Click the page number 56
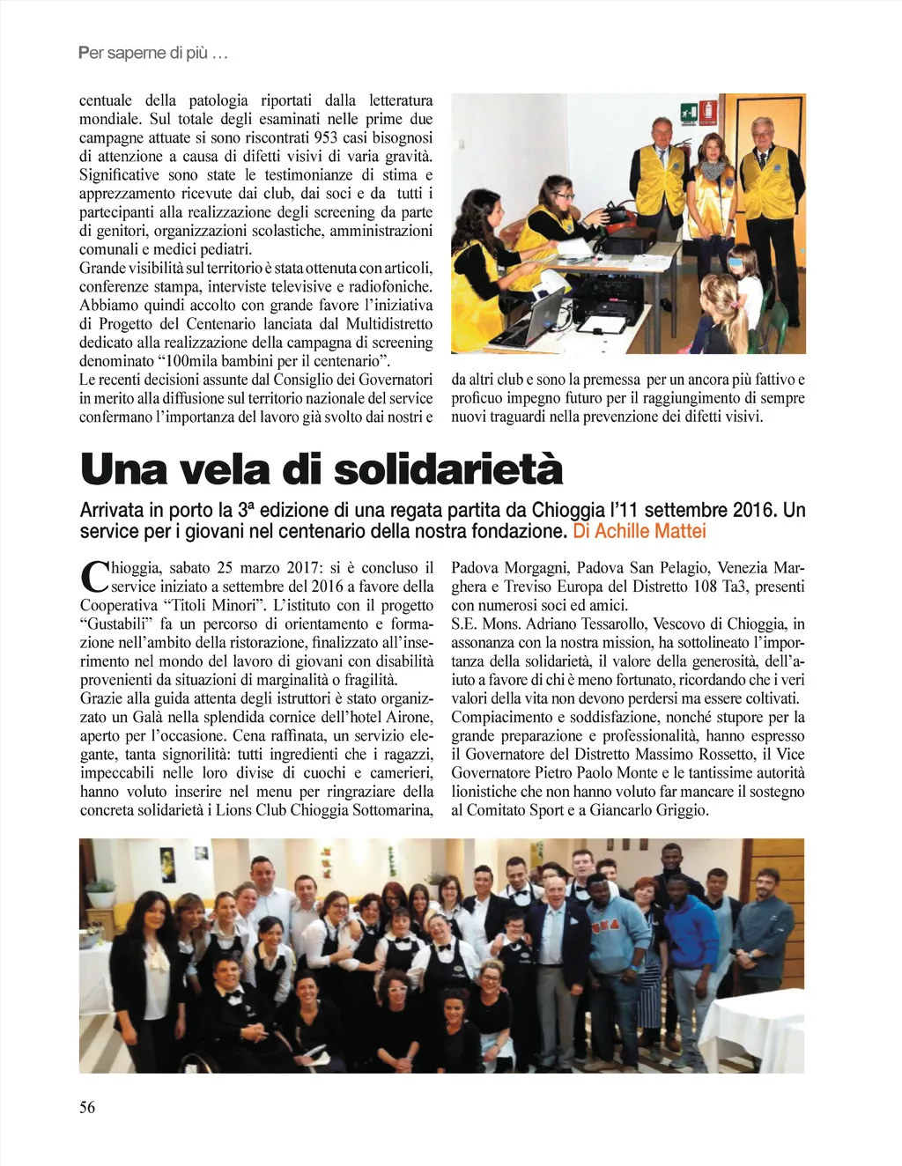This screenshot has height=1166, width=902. click(x=87, y=1107)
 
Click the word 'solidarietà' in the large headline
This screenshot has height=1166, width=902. click(x=448, y=469)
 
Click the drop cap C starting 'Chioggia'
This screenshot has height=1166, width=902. click(x=93, y=576)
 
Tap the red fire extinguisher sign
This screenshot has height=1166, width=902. click(x=706, y=112)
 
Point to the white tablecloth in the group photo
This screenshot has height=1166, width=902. click(x=753, y=1030)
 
